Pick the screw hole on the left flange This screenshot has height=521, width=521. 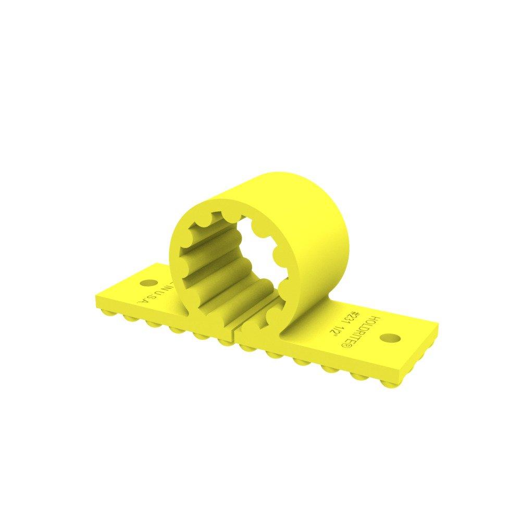[148, 283]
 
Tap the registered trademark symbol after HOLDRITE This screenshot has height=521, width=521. [366, 344]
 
